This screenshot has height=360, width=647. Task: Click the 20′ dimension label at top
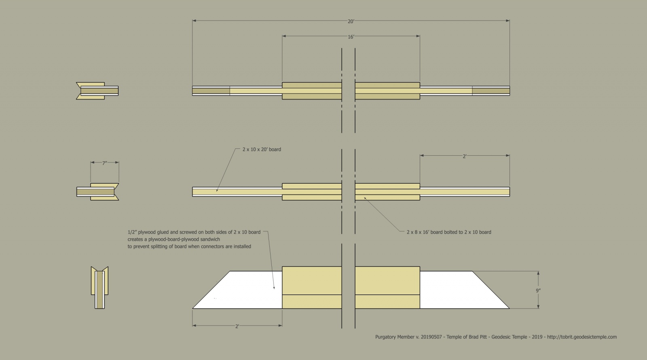pyautogui.click(x=351, y=21)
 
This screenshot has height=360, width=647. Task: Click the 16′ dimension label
pyautogui.click(x=351, y=37)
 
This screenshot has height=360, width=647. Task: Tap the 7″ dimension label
pyautogui.click(x=105, y=163)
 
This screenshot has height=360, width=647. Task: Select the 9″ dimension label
pyautogui.click(x=538, y=291)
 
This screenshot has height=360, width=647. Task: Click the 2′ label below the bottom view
pyautogui.click(x=237, y=326)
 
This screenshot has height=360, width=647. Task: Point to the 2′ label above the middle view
pyautogui.click(x=465, y=156)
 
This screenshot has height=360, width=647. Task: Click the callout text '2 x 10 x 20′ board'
pyautogui.click(x=262, y=149)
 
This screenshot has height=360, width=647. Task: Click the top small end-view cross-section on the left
pyautogui.click(x=97, y=91)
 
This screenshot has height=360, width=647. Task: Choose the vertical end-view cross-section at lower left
pyautogui.click(x=99, y=288)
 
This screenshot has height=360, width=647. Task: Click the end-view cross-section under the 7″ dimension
pyautogui.click(x=97, y=192)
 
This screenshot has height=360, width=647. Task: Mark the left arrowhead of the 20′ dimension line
pyautogui.click(x=195, y=21)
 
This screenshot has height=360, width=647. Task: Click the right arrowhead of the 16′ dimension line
pyautogui.click(x=418, y=36)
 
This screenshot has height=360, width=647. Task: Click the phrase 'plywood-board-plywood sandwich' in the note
pyautogui.click(x=184, y=239)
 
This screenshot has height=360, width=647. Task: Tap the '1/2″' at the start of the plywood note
pyautogui.click(x=132, y=232)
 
